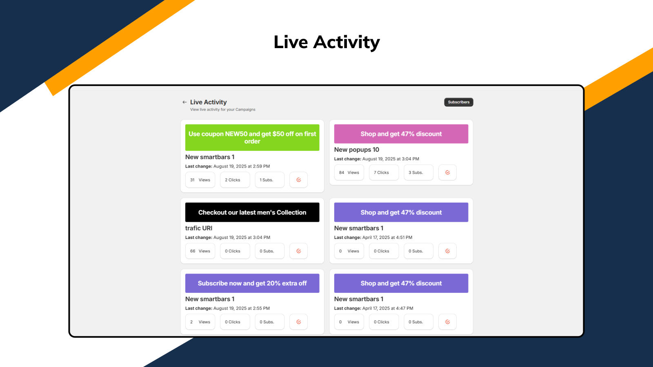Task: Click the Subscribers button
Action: (x=458, y=102)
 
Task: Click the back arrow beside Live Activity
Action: (x=184, y=102)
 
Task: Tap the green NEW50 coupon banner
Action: (x=252, y=137)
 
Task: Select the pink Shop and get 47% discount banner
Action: (x=401, y=134)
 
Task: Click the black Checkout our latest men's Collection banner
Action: (x=252, y=212)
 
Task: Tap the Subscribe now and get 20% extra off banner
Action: (x=252, y=283)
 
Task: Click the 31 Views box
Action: (x=200, y=180)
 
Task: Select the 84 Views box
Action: (x=349, y=172)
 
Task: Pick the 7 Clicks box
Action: (x=384, y=172)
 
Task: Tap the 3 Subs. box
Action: (x=418, y=172)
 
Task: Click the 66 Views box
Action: (x=200, y=251)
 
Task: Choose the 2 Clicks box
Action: (x=235, y=180)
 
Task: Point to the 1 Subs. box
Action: (x=269, y=180)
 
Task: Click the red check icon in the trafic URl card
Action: (x=298, y=251)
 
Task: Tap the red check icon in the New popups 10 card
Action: (x=447, y=172)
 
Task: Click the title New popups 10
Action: (x=356, y=150)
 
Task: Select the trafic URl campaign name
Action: (x=199, y=228)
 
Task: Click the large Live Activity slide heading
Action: (x=326, y=42)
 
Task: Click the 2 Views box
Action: (x=200, y=322)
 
